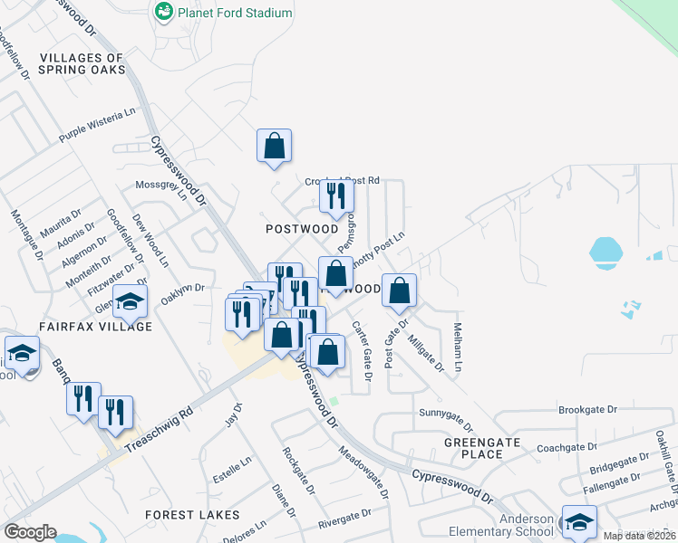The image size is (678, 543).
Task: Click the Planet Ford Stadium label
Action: pos(235,13)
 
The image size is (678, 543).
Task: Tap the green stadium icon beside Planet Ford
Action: pos(164,12)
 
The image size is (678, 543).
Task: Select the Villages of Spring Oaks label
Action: pos(82,63)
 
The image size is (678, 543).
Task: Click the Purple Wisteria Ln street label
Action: pos(96,126)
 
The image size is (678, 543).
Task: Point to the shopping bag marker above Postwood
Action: pos(274,146)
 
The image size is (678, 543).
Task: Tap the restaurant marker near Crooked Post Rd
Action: pos(335,195)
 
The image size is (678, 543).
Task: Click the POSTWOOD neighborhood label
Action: pos(301,229)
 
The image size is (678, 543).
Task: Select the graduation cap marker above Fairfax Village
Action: pos(130,301)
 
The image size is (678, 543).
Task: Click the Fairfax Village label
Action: pos(95,326)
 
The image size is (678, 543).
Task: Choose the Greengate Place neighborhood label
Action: pos(482,448)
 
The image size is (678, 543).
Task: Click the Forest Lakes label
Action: pos(192,515)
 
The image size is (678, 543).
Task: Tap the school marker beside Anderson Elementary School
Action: pos(579,521)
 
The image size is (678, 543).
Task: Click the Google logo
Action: pos(30,532)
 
